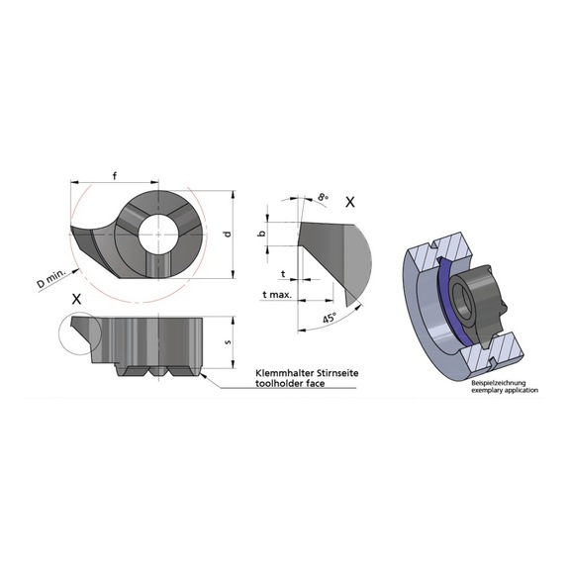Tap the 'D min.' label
point(52,279)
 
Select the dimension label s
point(228,342)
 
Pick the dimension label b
point(261,234)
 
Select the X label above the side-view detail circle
point(76,298)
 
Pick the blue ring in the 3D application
point(441,297)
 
